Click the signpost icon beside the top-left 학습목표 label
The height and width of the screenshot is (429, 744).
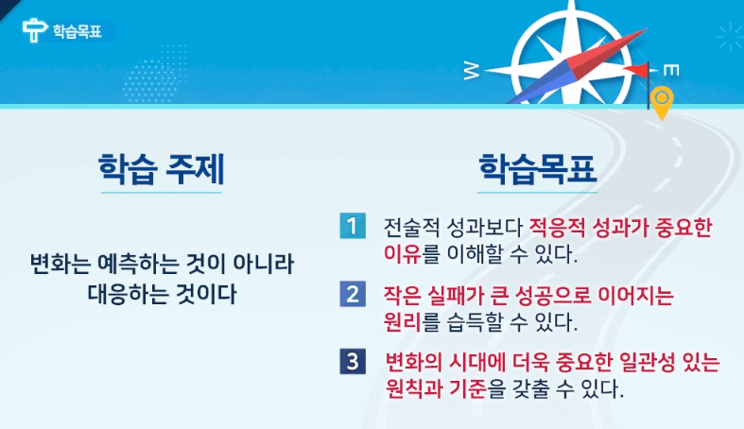point(34,30)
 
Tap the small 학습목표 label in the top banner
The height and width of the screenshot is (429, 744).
point(77,31)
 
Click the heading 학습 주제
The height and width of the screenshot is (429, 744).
point(162,169)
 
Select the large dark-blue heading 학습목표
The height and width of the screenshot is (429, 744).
point(537,169)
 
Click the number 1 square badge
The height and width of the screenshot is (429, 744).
point(353,226)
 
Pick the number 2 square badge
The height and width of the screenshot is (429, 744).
point(353,294)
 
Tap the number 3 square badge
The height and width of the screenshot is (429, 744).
point(353,361)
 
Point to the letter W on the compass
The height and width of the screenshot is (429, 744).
point(471,72)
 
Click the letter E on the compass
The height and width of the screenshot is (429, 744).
point(671,71)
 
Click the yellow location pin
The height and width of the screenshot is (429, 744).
point(662,102)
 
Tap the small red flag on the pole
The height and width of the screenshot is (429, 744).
point(635,70)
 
